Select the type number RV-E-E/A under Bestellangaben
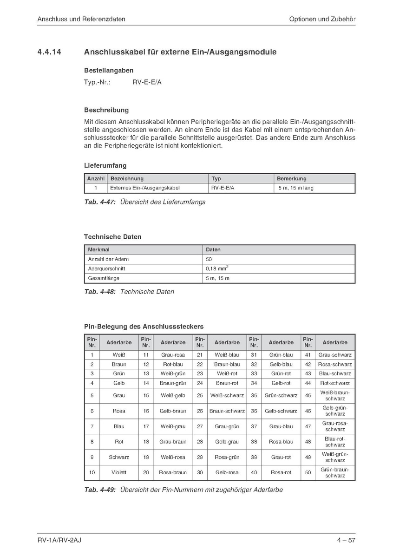coord(147,82)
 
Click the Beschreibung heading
coord(106,110)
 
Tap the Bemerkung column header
coord(292,178)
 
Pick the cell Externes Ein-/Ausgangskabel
coord(144,188)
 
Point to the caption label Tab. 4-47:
coord(100,202)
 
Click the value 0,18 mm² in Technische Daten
coord(217,268)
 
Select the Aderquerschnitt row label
coord(106,268)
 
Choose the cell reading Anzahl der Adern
coord(108,259)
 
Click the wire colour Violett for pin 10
coord(119,472)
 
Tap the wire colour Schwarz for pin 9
coord(119,457)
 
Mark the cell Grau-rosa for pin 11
coord(173,355)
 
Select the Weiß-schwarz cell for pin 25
coord(227,395)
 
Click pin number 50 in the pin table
coord(308,472)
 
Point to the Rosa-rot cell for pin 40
coord(281,472)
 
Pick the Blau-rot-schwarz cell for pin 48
coord(335,442)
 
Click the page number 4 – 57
coord(346,540)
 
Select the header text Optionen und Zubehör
coord(322,19)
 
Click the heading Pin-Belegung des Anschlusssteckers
coord(144,327)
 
